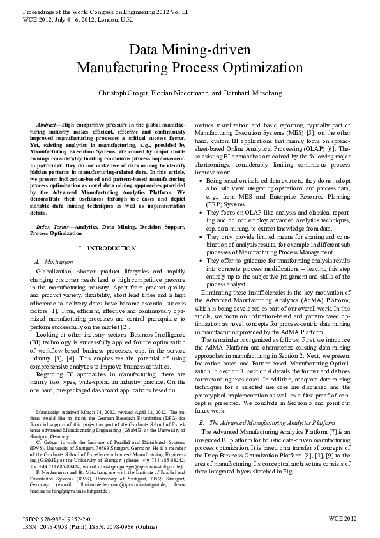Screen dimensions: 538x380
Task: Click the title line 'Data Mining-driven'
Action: coord(190,50)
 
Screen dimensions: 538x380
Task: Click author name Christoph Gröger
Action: coord(123,93)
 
